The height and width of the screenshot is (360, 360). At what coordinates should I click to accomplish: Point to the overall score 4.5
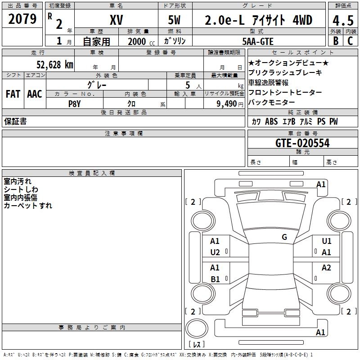point(342,20)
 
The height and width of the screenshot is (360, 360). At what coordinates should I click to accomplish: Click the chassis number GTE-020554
point(302,143)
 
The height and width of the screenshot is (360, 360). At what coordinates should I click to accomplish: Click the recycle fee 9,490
point(229,103)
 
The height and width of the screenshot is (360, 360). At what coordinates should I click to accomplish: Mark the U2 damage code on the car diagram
point(215,252)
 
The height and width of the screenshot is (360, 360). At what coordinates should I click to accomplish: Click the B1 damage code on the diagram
point(215,279)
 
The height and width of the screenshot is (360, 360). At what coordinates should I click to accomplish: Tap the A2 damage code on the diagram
point(326,268)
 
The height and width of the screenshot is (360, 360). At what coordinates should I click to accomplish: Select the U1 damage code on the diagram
point(326,241)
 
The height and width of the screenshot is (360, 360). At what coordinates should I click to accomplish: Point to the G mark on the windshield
point(284,237)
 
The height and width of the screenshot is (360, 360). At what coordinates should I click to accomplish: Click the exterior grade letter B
point(335,41)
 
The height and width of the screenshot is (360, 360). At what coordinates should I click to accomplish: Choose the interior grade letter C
point(351,41)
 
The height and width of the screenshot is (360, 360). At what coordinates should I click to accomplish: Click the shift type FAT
point(13,94)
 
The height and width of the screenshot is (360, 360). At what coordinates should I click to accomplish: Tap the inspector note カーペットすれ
point(28,206)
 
